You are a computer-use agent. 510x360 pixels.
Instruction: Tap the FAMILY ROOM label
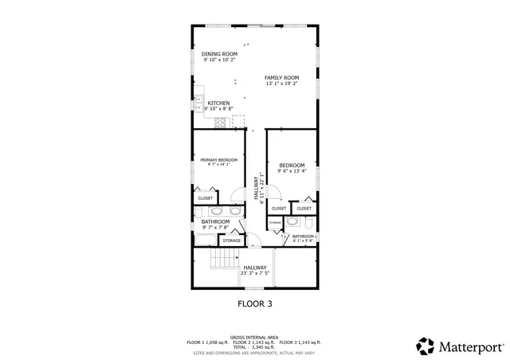tap(282, 77)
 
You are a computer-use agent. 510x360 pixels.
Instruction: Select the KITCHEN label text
tap(219, 104)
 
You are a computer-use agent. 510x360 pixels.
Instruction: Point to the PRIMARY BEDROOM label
tap(218, 159)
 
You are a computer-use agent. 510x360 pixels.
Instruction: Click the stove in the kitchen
tap(220, 121)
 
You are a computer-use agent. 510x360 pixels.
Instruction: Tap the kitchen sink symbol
tap(197, 104)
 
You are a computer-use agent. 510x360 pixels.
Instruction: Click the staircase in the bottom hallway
tap(225, 262)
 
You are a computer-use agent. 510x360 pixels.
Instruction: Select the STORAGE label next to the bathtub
tap(232, 240)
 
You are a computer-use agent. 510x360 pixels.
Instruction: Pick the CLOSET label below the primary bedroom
tap(206, 198)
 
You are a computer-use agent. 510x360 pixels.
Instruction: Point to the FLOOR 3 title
tap(255, 303)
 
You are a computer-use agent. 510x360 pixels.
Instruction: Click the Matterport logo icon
tap(425, 346)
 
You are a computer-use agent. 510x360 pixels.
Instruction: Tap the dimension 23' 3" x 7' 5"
tap(255, 273)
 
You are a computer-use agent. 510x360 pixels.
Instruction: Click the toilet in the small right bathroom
tap(292, 223)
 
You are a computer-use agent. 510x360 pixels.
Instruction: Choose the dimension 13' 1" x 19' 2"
tap(282, 84)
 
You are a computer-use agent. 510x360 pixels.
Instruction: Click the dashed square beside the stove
tap(238, 121)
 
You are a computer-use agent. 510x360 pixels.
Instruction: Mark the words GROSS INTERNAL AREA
tap(254, 337)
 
